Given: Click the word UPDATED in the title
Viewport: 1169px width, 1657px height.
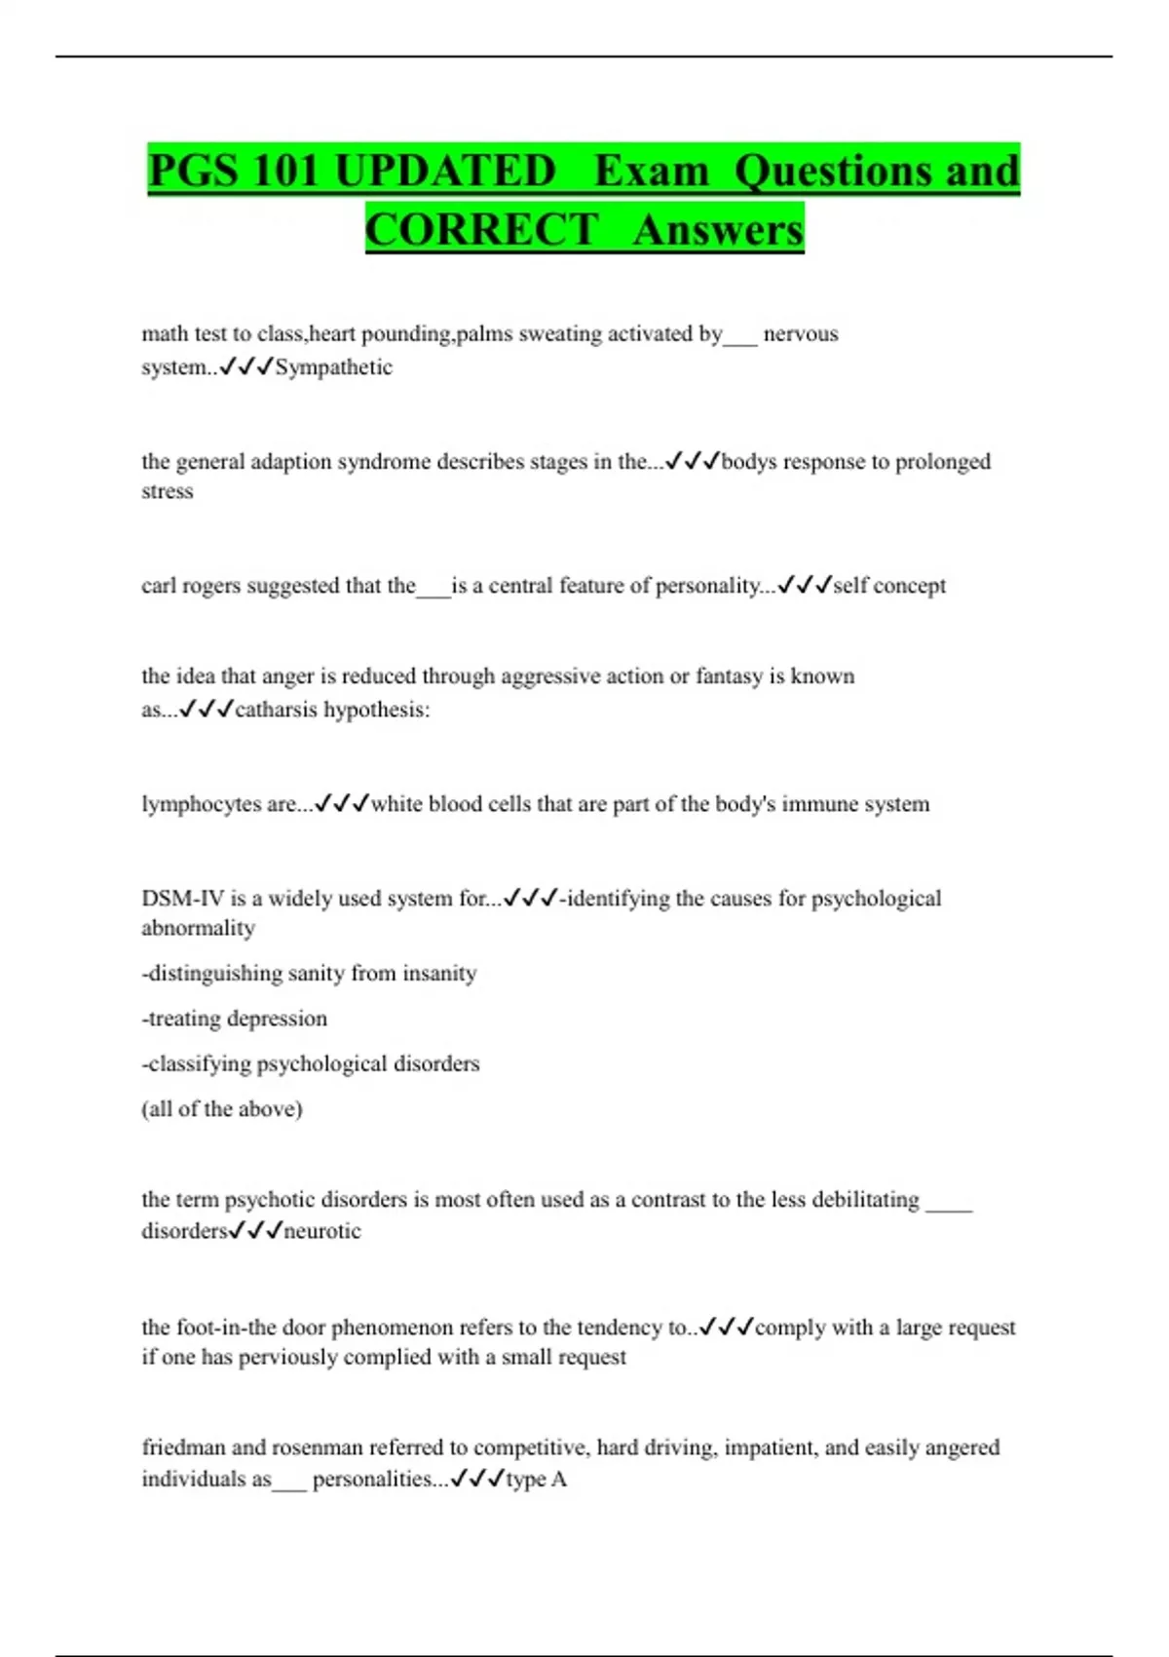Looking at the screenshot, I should pyautogui.click(x=444, y=172).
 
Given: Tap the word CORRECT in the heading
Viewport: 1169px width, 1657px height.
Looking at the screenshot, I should pyautogui.click(x=481, y=230).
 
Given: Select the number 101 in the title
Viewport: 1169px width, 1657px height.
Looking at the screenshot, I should pyautogui.click(x=285, y=172).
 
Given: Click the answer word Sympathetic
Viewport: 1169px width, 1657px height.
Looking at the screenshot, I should pyautogui.click(x=333, y=367).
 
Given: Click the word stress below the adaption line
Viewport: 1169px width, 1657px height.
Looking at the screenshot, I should pyautogui.click(x=168, y=491).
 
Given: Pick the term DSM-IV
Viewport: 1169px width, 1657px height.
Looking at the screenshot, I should pyautogui.click(x=182, y=899).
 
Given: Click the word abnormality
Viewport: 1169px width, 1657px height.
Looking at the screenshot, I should pyautogui.click(x=198, y=928).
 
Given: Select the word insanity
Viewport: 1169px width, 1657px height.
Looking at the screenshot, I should pyautogui.click(x=439, y=973).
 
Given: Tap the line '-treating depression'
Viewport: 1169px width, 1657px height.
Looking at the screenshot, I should pyautogui.click(x=235, y=1019).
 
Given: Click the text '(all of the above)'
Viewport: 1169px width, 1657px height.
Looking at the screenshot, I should pyautogui.click(x=222, y=1109).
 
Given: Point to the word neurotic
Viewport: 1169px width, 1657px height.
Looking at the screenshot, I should pyautogui.click(x=322, y=1231).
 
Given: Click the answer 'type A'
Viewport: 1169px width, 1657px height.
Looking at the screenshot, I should pyautogui.click(x=536, y=1480).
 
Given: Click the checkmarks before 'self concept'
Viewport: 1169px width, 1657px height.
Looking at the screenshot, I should pyautogui.click(x=805, y=586).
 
